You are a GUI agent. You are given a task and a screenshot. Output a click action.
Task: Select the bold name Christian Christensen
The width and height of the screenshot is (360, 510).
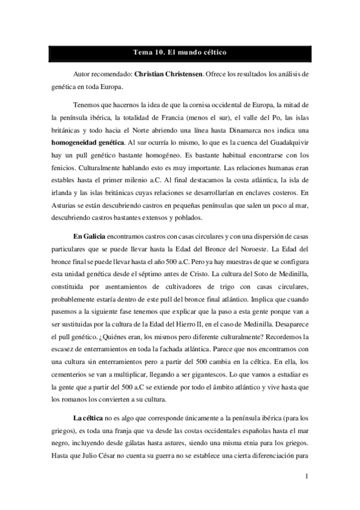click(171, 75)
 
